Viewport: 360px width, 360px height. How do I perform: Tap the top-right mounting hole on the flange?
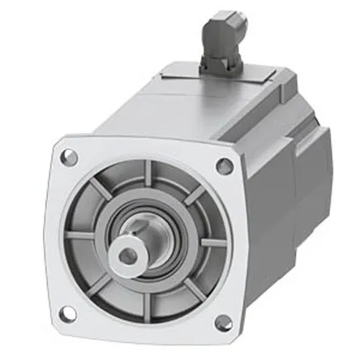(225, 165)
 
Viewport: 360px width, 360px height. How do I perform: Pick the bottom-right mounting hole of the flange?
(221, 323)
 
